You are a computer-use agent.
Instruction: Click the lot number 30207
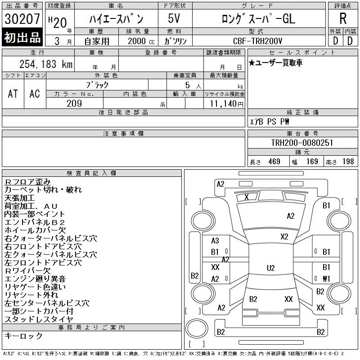22,19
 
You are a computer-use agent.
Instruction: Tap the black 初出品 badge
22,38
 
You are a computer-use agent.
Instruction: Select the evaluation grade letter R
343,19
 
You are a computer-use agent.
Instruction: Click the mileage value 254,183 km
46,64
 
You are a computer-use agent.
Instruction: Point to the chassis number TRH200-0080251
302,143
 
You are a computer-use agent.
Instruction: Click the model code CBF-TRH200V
258,40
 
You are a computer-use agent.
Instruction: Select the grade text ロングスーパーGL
258,19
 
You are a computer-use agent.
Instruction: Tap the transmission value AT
13,94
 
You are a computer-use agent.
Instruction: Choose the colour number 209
74,103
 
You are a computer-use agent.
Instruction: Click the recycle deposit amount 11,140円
224,104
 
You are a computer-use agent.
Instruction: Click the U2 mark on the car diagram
270,268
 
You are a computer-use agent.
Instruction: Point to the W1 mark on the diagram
326,279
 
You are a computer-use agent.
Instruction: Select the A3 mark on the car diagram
215,241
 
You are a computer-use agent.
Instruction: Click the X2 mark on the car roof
284,237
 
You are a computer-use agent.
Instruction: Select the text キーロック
23,336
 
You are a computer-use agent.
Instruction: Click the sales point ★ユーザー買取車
275,63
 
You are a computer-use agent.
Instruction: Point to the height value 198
348,162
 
